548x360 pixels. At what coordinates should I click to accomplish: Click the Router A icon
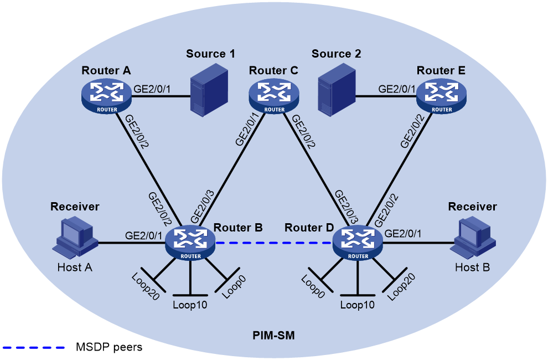(107, 96)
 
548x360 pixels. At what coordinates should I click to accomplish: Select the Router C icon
(274, 96)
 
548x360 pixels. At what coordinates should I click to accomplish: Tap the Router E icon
(441, 96)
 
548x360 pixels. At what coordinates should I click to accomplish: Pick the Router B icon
(190, 243)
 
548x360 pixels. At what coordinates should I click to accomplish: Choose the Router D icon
(358, 243)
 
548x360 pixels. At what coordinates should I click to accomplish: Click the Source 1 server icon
(209, 89)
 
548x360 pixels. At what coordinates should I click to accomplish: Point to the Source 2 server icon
(337, 89)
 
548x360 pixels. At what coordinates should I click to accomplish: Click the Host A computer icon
(75, 238)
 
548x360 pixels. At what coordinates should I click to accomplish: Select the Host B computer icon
(473, 238)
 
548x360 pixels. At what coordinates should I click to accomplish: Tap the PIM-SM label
(273, 336)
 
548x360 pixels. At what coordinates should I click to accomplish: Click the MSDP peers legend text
(109, 347)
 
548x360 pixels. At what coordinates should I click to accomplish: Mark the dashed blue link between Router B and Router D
(273, 243)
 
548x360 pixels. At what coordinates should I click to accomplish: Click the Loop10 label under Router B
(190, 305)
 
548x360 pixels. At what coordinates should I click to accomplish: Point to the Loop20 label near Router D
(401, 287)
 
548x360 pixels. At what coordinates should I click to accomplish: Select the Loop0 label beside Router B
(234, 287)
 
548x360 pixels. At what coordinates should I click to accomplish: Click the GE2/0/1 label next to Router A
(152, 89)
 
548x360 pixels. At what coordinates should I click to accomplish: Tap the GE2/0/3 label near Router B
(203, 207)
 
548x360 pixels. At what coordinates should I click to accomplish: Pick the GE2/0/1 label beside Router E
(397, 89)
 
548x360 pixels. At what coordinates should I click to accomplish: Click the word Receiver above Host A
(75, 207)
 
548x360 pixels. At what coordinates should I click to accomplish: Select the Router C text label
(273, 71)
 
